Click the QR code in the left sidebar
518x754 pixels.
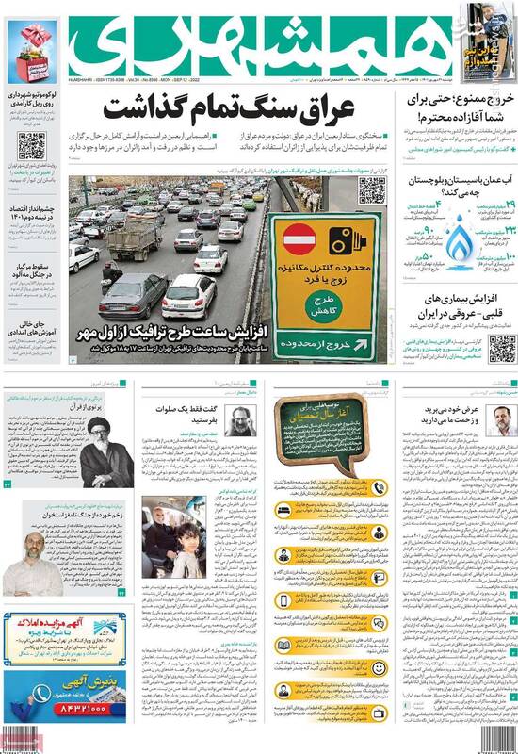pos(30,146)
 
